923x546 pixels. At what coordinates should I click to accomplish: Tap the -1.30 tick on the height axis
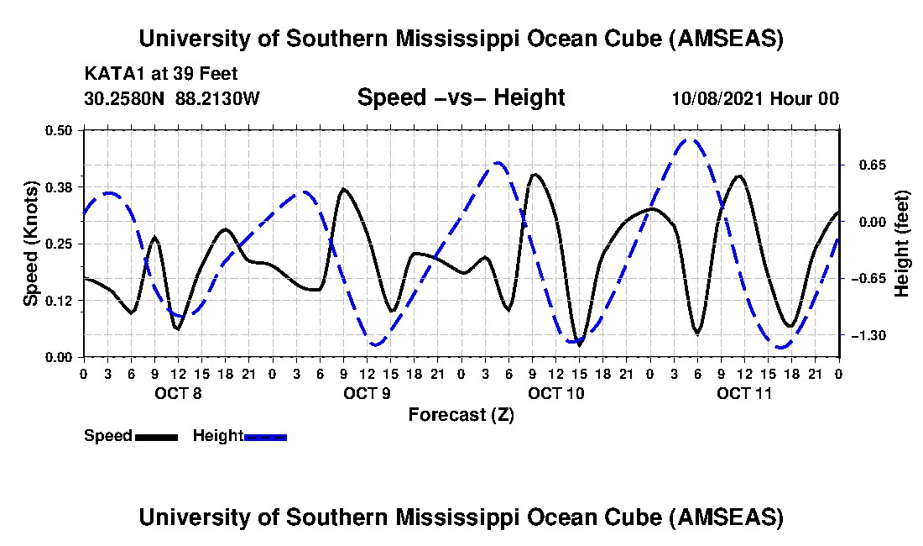click(864, 336)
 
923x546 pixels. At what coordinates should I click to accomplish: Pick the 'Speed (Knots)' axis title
click(30, 243)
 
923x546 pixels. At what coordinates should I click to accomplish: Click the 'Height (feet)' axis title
click(903, 244)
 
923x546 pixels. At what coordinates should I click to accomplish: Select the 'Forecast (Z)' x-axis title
click(461, 415)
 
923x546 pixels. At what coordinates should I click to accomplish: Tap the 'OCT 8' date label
click(177, 393)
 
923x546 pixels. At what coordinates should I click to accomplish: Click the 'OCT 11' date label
click(743, 393)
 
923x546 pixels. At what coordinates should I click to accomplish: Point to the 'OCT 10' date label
click(555, 393)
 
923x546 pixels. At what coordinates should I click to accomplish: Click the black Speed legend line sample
click(155, 437)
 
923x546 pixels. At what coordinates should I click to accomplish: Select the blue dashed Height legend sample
click(265, 437)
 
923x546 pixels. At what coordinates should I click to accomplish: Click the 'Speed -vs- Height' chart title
click(461, 97)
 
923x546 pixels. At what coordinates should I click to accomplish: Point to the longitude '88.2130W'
click(218, 99)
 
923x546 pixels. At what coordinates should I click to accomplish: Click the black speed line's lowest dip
click(579, 344)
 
